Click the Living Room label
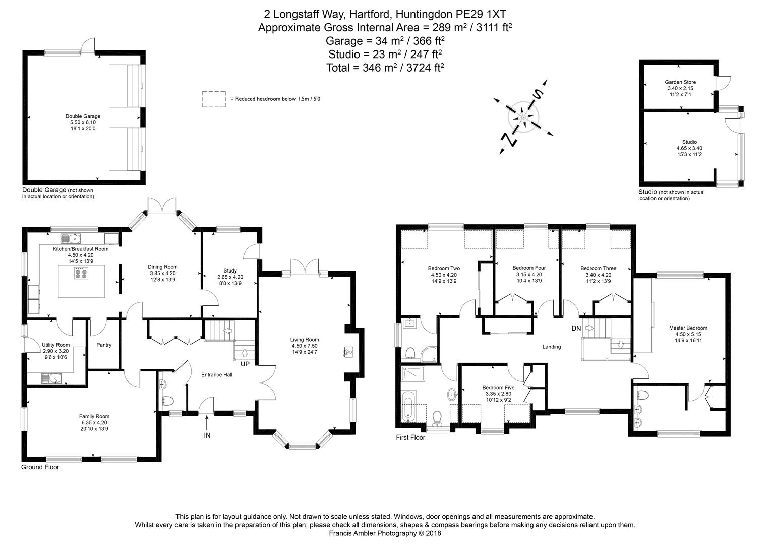pos(304,340)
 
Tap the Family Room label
pos(94,416)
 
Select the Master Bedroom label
pos(688,328)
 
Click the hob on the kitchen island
pos(81,273)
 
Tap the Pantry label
pos(103,345)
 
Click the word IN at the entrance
pos(207,435)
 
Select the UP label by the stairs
pos(245,364)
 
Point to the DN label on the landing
pos(576,329)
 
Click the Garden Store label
pos(680,82)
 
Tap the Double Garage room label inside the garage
pos(83,116)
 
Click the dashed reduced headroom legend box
pos(214,99)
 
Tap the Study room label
pos(230,271)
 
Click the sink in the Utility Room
pos(51,377)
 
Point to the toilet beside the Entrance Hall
pos(168,401)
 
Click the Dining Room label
pos(162,267)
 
